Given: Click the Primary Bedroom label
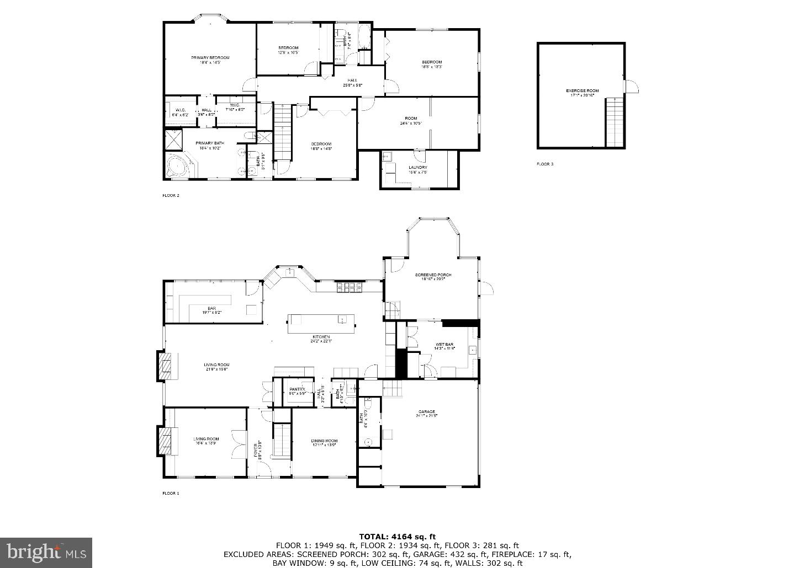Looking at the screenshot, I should [210, 58].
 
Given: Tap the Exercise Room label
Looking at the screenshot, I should [582, 91].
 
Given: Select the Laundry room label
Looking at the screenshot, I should [417, 168].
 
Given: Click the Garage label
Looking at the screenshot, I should [426, 412].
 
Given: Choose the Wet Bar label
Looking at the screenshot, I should [444, 345].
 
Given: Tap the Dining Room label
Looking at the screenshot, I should [324, 441].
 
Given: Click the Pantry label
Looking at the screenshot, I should [297, 389].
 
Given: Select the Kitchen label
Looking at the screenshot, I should [321, 337].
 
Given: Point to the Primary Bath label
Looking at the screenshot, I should [209, 143].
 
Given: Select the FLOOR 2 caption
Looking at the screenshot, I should [171, 195].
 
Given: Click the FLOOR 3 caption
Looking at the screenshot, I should [545, 164].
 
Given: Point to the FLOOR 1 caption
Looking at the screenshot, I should [171, 493].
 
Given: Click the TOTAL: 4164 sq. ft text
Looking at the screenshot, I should [397, 536].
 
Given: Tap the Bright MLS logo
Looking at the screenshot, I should [46, 551].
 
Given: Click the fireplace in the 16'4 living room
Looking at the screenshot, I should [165, 441].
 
